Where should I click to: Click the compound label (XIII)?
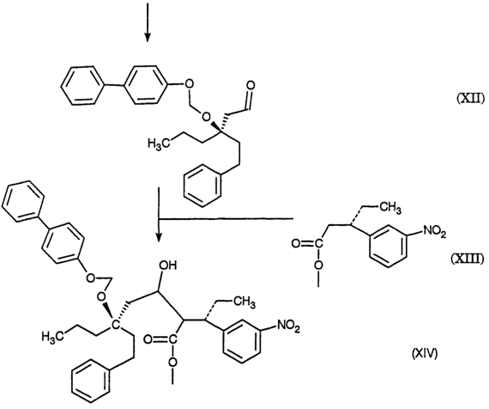468,259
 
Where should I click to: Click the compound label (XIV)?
425,353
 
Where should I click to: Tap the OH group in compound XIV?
168,266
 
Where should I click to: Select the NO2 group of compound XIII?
434,232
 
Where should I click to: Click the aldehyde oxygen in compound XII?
251,85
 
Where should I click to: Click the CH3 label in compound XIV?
244,302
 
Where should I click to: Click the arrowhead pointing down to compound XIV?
159,236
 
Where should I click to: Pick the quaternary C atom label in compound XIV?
116,325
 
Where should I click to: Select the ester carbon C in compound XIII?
317,243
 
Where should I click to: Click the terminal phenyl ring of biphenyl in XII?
82,85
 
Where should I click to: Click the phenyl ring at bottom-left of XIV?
92,382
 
